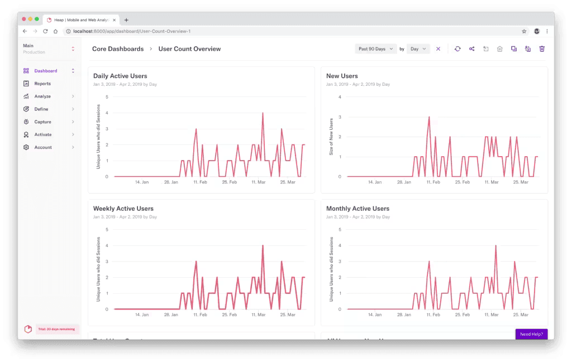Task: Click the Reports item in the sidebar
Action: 42,84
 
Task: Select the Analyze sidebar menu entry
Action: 42,96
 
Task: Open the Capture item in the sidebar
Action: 42,122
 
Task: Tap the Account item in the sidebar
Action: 42,148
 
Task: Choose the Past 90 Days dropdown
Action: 375,49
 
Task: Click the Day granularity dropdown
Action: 418,49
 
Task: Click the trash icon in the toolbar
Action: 542,49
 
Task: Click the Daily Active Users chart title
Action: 120,76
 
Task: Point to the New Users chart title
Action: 342,76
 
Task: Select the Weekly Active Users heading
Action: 123,209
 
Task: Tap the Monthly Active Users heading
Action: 357,209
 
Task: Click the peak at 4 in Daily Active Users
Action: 263,113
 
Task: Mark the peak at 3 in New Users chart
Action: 429,117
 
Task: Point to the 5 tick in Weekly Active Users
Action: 107,230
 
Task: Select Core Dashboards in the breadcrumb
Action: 118,49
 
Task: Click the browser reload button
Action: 45,31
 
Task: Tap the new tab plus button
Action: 126,20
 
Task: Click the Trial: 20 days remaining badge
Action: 58,329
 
